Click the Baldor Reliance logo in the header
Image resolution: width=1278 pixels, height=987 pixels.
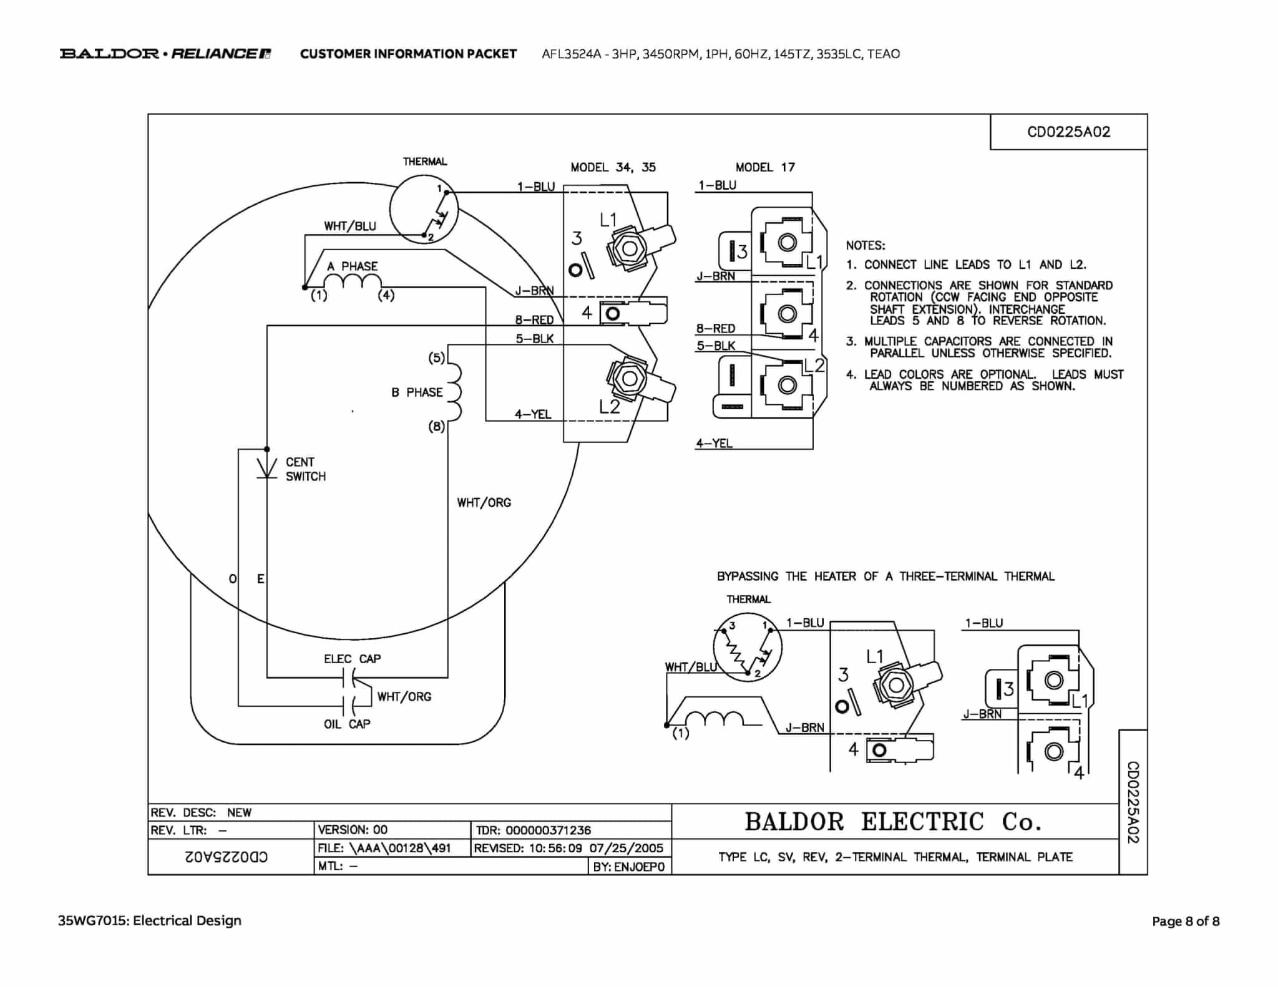click(165, 54)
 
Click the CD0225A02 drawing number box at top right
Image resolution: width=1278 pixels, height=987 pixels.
click(1068, 132)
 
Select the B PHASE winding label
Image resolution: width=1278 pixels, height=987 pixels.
click(417, 392)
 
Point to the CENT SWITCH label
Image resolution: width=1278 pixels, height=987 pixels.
click(305, 469)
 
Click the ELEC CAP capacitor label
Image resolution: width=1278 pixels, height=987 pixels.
click(352, 659)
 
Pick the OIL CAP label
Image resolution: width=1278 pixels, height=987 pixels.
click(347, 724)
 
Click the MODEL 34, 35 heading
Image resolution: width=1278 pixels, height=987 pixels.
click(613, 167)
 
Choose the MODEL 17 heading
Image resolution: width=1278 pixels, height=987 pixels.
click(765, 167)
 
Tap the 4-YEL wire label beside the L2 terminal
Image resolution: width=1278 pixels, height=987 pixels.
click(533, 414)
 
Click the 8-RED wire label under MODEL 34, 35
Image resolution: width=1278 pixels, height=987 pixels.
click(534, 320)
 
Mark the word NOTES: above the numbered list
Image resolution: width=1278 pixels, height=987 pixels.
click(866, 246)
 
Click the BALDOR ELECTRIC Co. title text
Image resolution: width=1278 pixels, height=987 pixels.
click(893, 822)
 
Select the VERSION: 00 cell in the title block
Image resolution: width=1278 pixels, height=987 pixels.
click(353, 830)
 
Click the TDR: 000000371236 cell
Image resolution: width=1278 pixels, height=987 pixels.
click(533, 830)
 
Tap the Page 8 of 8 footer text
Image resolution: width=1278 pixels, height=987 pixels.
click(1185, 921)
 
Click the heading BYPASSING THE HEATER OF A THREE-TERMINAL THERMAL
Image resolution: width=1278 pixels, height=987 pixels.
click(885, 576)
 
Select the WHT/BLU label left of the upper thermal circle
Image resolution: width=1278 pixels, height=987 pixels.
click(349, 226)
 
